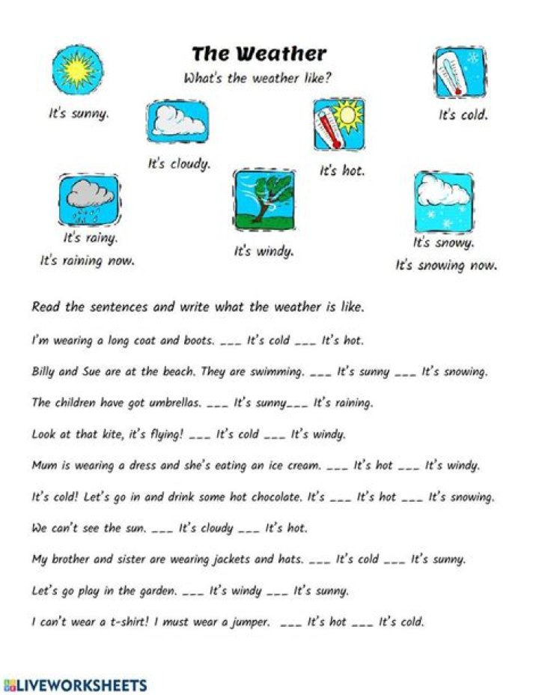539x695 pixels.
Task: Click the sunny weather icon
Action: (x=77, y=70)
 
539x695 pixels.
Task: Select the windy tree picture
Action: (x=264, y=199)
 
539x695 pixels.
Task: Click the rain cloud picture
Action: (x=88, y=200)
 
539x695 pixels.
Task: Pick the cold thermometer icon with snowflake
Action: (x=460, y=73)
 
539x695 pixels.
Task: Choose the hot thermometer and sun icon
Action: (x=338, y=124)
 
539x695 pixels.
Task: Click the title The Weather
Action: (x=259, y=54)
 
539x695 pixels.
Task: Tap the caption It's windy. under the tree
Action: (x=264, y=252)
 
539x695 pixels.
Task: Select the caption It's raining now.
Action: (x=88, y=261)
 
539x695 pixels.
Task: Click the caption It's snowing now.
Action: (x=446, y=265)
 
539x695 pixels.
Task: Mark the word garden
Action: (x=157, y=591)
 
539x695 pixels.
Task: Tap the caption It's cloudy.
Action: (x=179, y=163)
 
